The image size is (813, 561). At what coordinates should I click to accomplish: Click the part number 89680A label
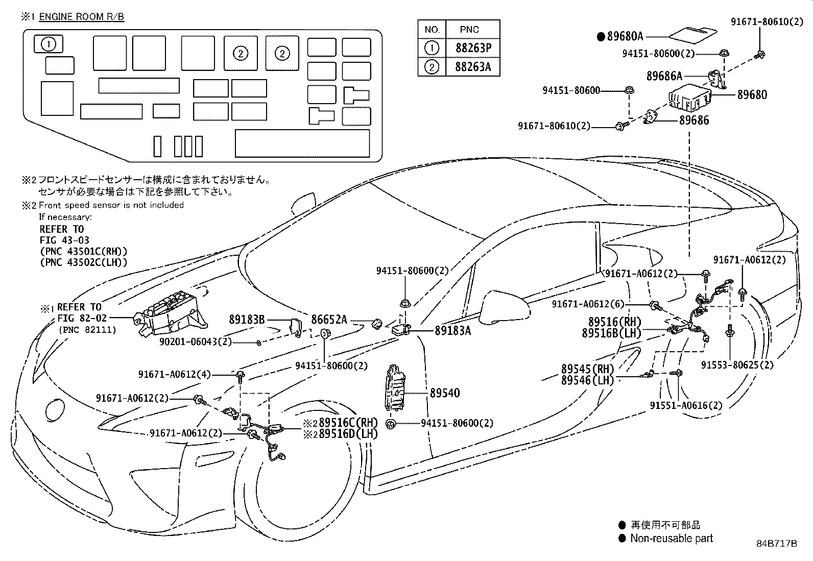click(x=625, y=36)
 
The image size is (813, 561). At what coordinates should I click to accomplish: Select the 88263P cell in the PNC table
click(x=472, y=48)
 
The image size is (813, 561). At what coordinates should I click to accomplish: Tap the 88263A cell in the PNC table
click(x=472, y=67)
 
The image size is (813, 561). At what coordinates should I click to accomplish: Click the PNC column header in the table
click(x=469, y=29)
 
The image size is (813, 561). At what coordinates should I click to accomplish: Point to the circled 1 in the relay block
click(x=49, y=44)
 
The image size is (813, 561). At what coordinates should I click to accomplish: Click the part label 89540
click(x=444, y=393)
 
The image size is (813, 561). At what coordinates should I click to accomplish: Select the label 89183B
click(x=247, y=320)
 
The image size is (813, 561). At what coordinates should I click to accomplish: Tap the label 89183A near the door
click(x=452, y=331)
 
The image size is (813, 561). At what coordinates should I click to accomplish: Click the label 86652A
click(x=329, y=320)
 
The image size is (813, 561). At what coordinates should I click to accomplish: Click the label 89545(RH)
click(x=587, y=369)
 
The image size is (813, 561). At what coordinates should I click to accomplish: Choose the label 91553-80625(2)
click(x=737, y=365)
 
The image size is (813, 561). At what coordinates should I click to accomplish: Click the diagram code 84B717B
click(x=777, y=543)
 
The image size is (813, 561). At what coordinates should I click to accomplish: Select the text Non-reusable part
click(x=671, y=538)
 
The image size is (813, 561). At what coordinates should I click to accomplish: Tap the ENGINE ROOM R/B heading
click(x=82, y=16)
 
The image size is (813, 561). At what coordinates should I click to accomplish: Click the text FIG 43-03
click(x=64, y=240)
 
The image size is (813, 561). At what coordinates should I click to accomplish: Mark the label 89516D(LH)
click(x=348, y=434)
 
